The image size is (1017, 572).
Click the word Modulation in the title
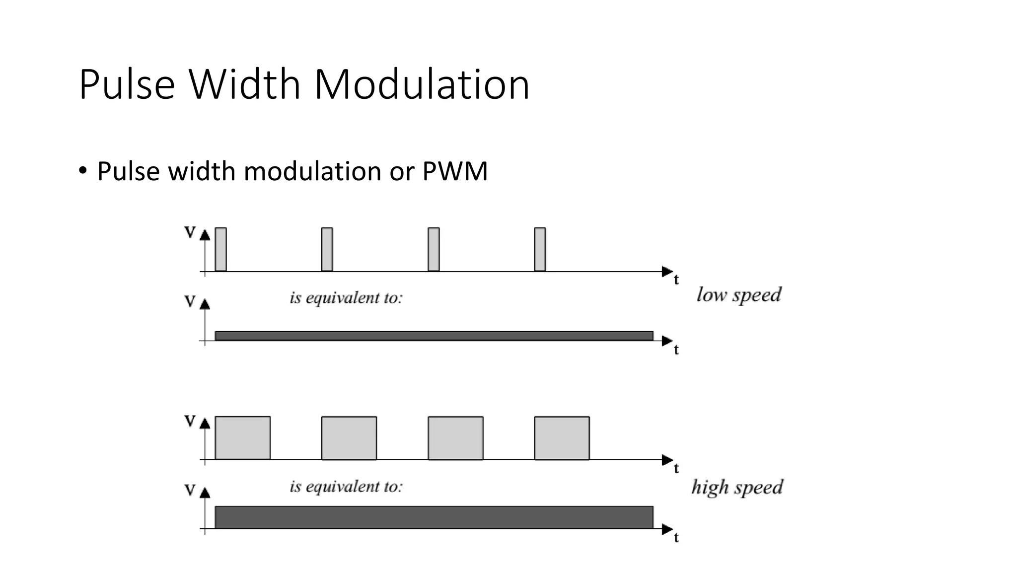(x=422, y=85)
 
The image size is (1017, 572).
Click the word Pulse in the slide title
(x=127, y=85)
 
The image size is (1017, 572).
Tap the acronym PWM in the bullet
(x=455, y=171)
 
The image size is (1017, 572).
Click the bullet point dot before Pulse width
(x=82, y=171)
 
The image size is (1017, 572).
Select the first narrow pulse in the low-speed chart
(x=220, y=249)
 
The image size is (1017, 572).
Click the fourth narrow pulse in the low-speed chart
(x=540, y=249)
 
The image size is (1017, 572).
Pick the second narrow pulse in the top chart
(x=327, y=249)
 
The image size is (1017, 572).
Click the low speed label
(x=738, y=295)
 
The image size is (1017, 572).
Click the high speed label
(x=737, y=487)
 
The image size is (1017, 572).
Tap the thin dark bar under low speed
(x=434, y=336)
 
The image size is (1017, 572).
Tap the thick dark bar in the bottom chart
(x=434, y=517)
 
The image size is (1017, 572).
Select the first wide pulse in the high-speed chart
(x=242, y=438)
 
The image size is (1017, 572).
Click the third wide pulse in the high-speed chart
(x=455, y=438)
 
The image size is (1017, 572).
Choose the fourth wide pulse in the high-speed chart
(x=562, y=438)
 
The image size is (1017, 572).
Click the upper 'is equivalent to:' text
(x=346, y=298)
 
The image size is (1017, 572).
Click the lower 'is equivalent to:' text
(x=346, y=487)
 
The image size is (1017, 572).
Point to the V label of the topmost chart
(x=190, y=232)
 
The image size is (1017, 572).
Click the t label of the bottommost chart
(x=676, y=538)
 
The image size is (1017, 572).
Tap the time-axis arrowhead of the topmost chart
(x=667, y=272)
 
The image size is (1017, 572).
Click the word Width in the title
(x=244, y=85)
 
